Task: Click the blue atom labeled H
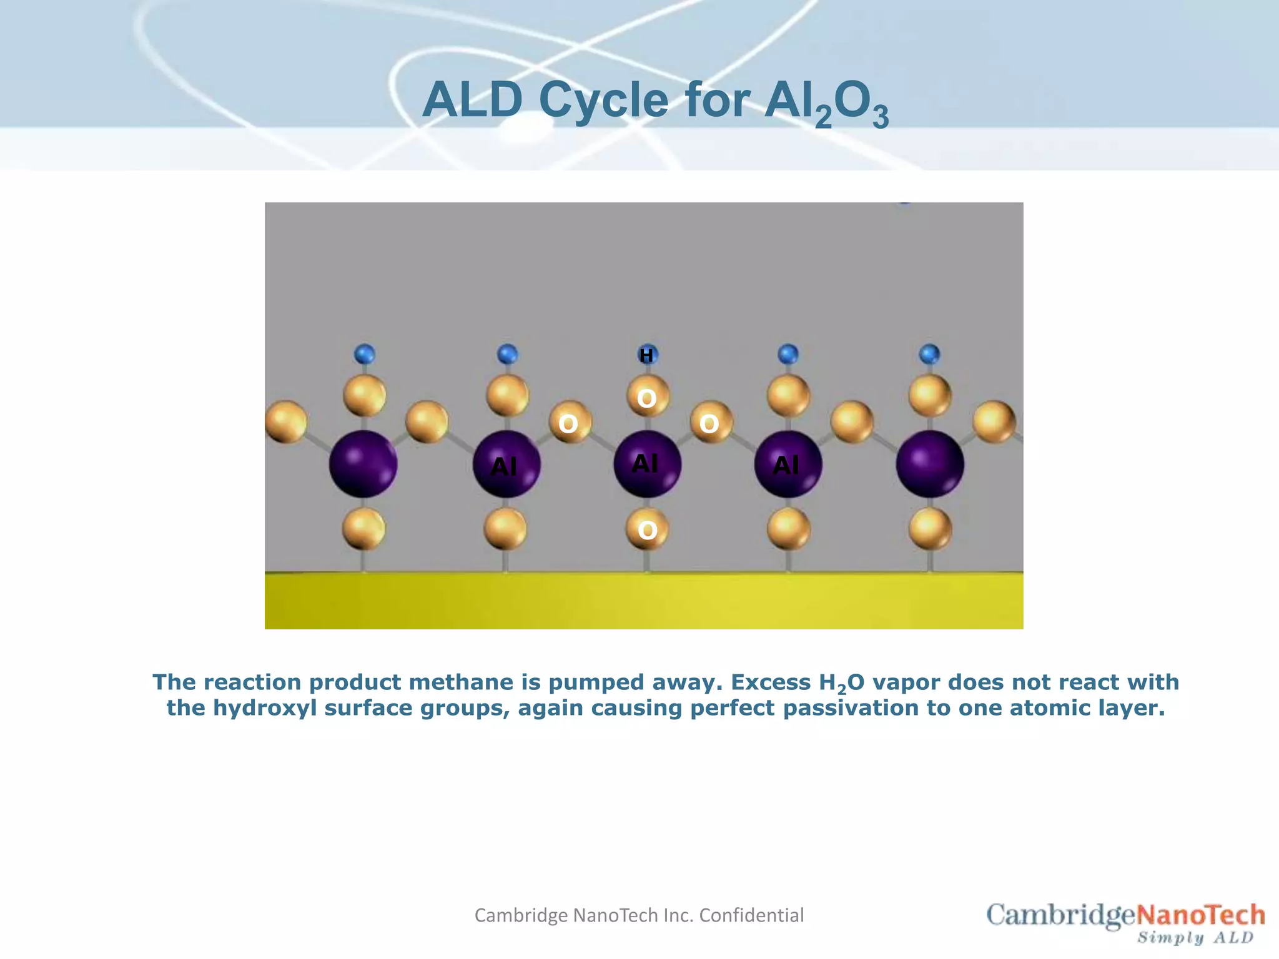(x=647, y=355)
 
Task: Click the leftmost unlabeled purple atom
(x=363, y=464)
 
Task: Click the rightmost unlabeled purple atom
(x=930, y=464)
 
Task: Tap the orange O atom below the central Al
(x=647, y=529)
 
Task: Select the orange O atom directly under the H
(x=647, y=396)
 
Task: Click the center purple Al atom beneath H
(x=647, y=464)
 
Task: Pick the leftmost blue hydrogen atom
(x=364, y=354)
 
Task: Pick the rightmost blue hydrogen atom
(x=930, y=354)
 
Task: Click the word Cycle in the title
(x=603, y=100)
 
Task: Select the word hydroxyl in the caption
(x=265, y=708)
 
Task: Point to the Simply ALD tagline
(x=1195, y=938)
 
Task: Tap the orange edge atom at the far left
(x=285, y=422)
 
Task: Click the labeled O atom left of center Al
(x=568, y=423)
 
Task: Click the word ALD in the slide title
(x=473, y=100)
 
